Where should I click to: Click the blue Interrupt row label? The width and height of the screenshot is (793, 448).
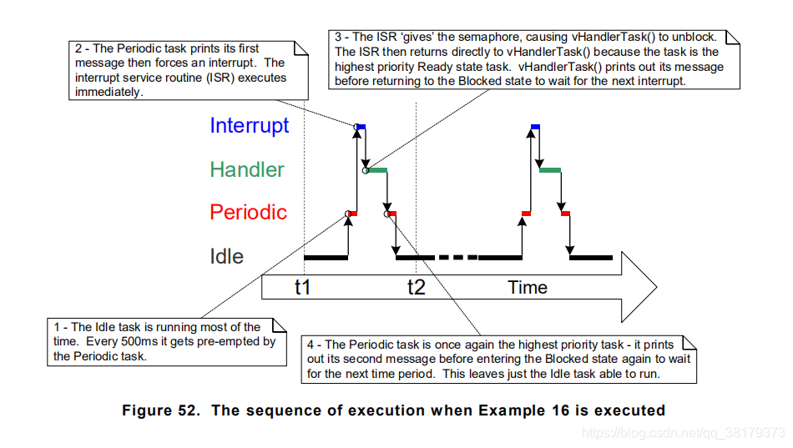tap(249, 126)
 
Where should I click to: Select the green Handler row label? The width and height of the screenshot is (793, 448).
tap(246, 169)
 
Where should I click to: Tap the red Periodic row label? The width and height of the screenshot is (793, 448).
tap(248, 213)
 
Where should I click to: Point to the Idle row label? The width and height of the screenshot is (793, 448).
tap(226, 256)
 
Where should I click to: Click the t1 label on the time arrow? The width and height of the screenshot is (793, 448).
tap(302, 288)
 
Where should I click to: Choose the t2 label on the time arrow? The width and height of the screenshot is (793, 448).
tap(416, 288)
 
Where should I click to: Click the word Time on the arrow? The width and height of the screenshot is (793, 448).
tap(528, 288)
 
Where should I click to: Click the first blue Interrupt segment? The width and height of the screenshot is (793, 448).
tap(361, 126)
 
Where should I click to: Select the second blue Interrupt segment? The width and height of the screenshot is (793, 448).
tap(535, 126)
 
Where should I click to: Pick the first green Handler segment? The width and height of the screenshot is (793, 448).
tap(377, 170)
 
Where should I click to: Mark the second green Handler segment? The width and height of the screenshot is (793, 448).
tap(550, 170)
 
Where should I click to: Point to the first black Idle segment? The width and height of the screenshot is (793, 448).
tap(326, 258)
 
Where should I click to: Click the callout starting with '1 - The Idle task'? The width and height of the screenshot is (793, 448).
tap(162, 341)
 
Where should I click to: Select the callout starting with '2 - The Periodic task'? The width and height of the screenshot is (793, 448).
tap(182, 70)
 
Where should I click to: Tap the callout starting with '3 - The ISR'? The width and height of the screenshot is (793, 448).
tap(530, 58)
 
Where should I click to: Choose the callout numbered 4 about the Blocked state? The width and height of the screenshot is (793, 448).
tap(498, 359)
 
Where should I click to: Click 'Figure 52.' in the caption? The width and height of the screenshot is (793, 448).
tap(158, 410)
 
